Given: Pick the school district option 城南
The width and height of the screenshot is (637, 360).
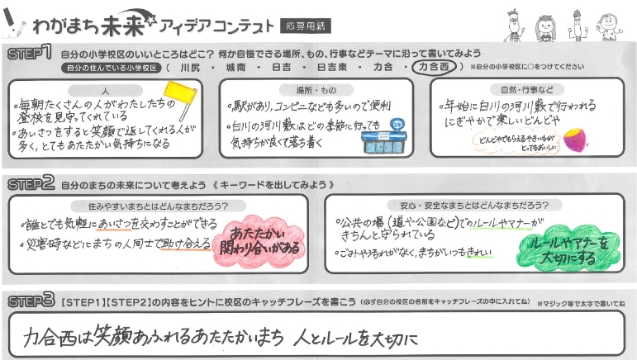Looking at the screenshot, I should pos(235,67).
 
